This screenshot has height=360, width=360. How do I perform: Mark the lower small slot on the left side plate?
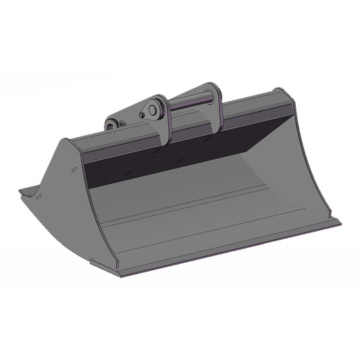(x=41, y=197)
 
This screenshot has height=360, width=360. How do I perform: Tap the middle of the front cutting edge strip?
(x=230, y=247)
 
